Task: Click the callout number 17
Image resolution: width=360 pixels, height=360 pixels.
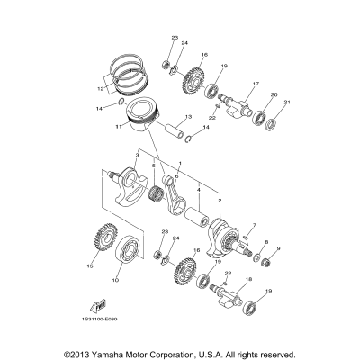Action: (x=256, y=85)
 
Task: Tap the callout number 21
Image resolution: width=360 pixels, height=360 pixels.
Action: (x=288, y=103)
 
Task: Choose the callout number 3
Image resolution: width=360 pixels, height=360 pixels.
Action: (x=137, y=155)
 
